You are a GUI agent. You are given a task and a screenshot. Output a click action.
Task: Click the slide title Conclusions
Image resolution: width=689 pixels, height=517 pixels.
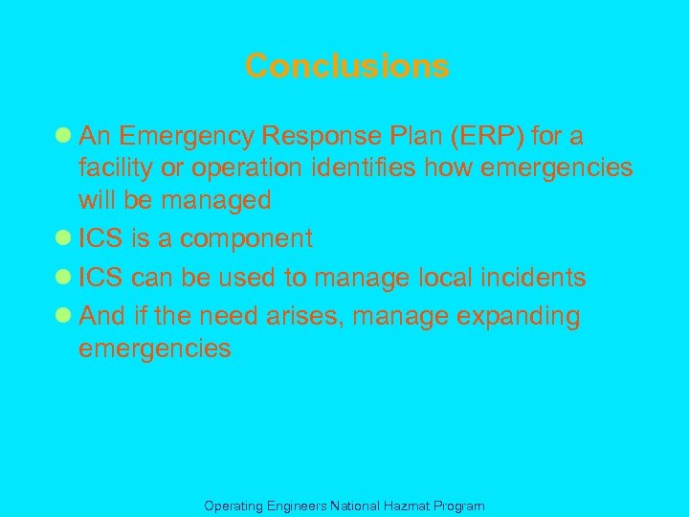[346, 66]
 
